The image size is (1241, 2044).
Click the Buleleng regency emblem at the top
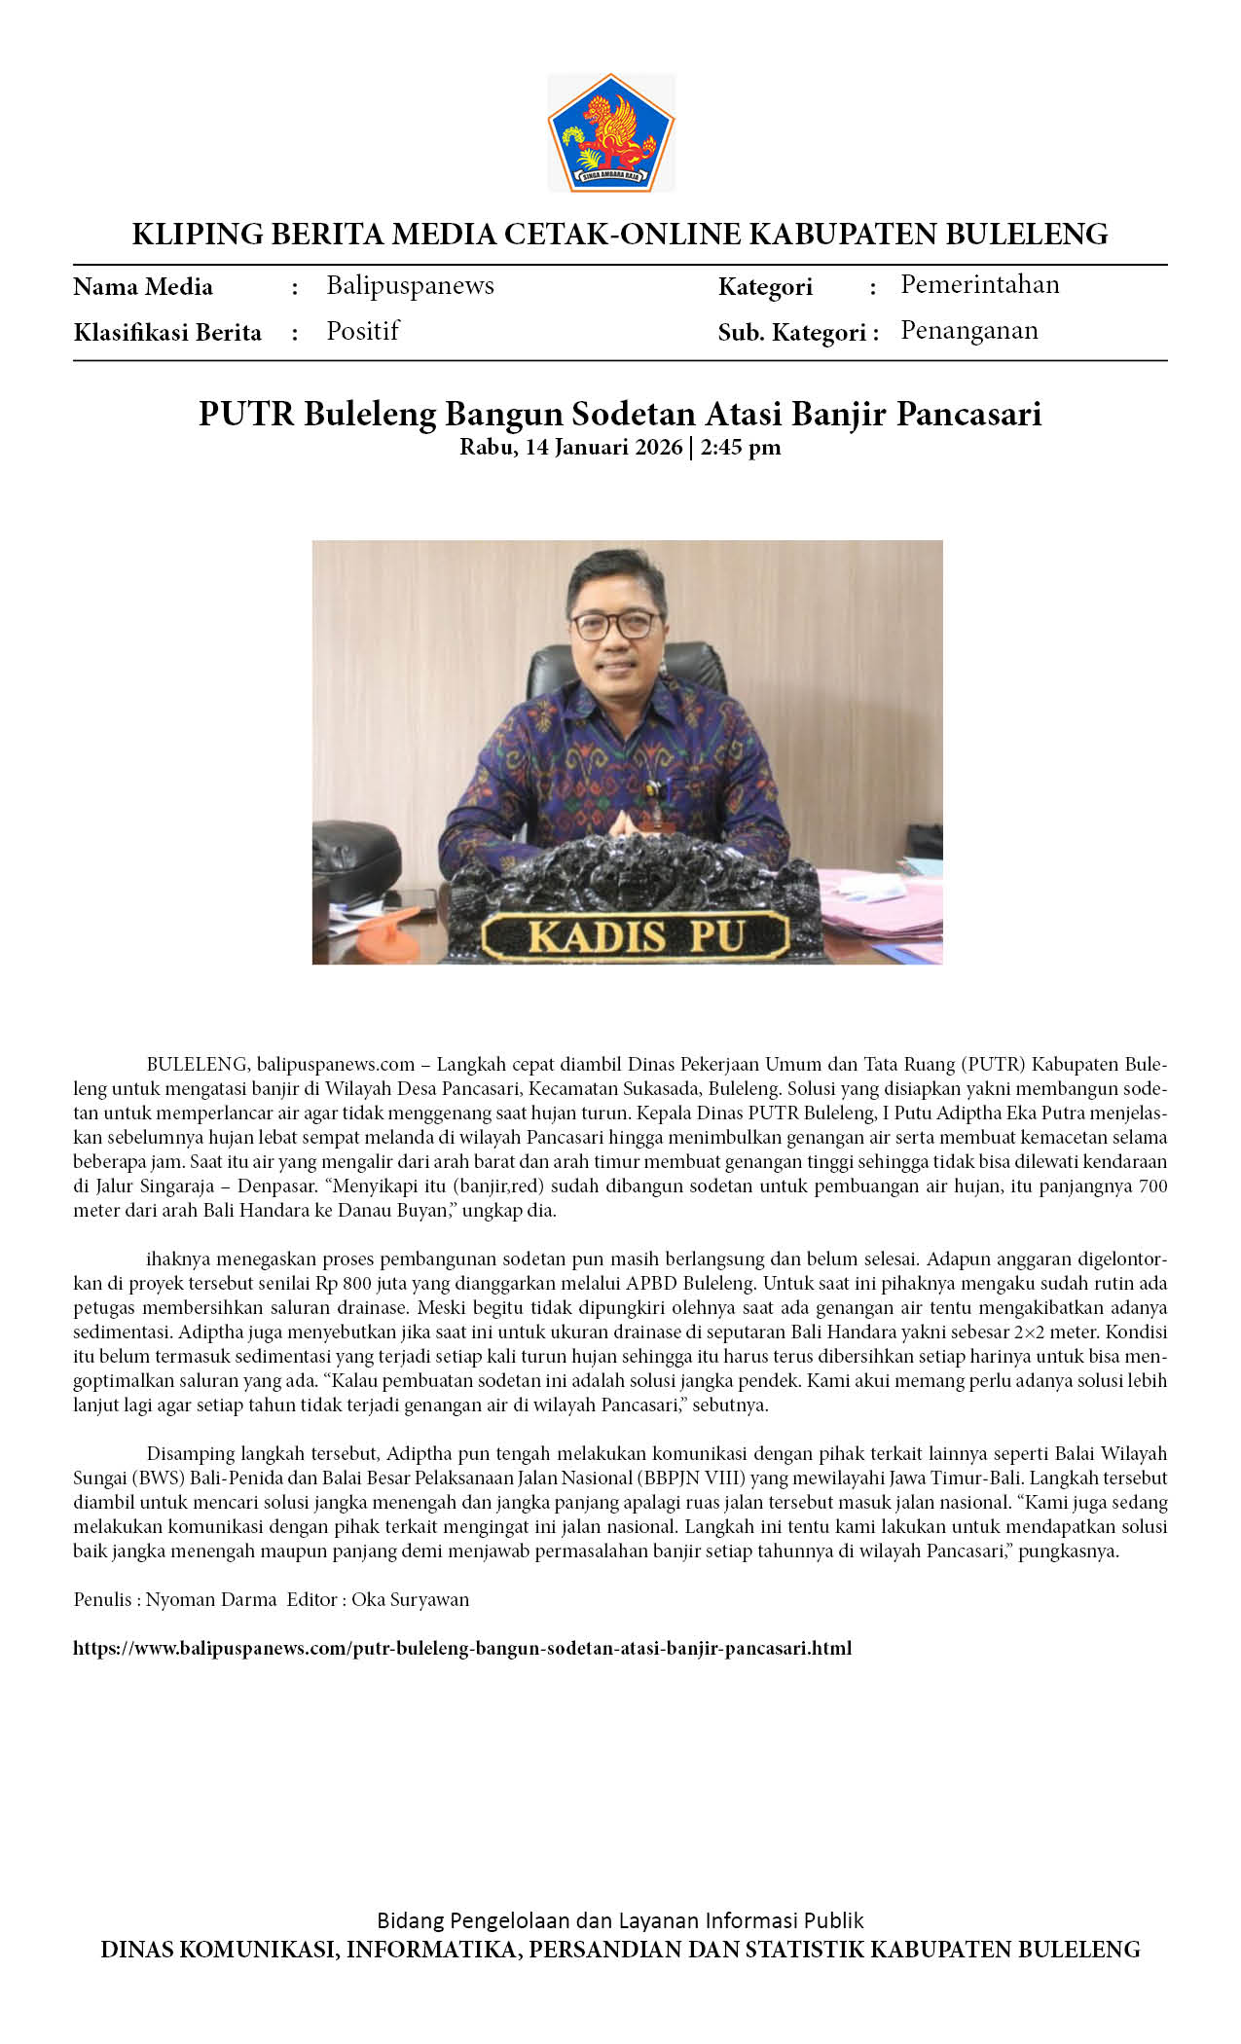(610, 132)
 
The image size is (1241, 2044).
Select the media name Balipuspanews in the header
(410, 285)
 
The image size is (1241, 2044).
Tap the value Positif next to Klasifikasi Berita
(362, 331)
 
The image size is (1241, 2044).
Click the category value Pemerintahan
(979, 284)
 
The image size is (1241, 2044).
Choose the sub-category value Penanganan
(968, 330)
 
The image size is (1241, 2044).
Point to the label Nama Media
(143, 286)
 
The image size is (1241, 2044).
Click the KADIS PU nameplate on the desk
(636, 936)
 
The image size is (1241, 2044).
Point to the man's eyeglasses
(615, 625)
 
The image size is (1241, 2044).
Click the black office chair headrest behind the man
(545, 672)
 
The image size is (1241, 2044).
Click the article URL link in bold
(462, 1648)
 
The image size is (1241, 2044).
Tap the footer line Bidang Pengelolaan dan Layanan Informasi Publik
(620, 1920)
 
